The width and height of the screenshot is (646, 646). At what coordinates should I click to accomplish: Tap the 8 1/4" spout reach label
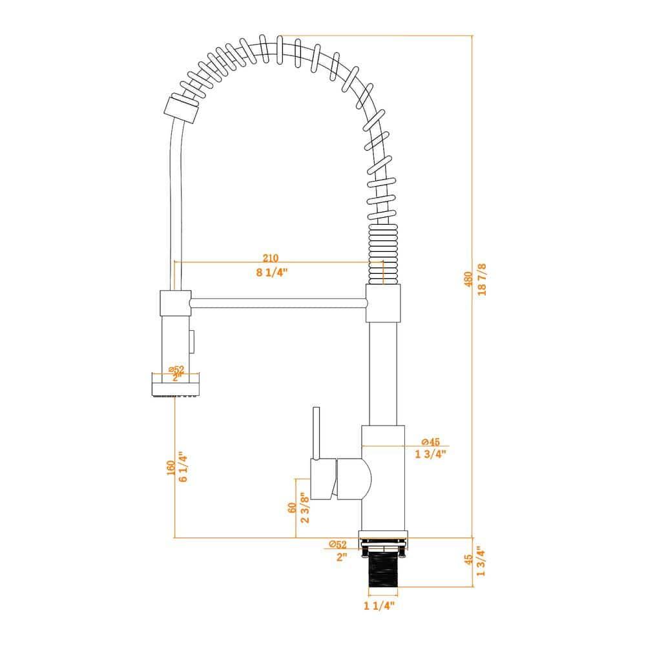click(x=271, y=272)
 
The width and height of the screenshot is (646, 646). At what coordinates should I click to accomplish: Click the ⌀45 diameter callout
click(x=430, y=442)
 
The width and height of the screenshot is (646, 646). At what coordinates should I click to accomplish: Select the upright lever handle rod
click(x=317, y=433)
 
